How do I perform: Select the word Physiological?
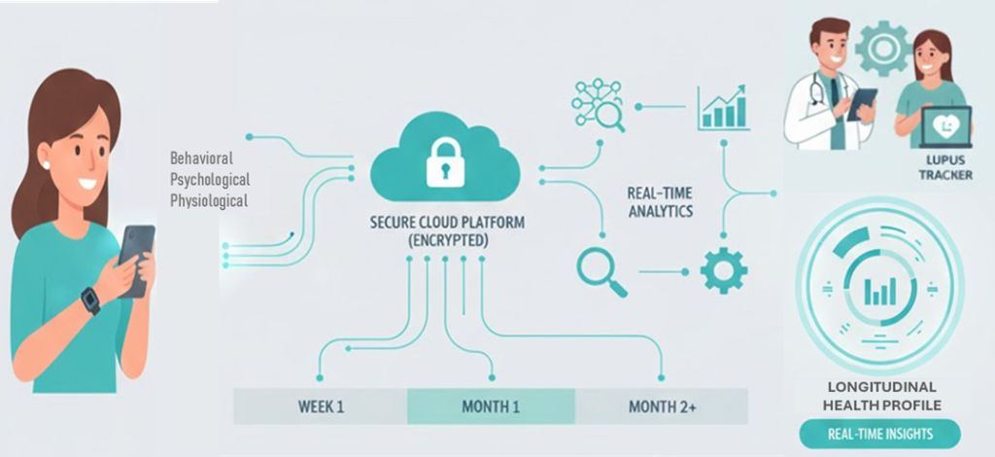(x=209, y=201)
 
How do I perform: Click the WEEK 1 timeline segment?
(x=320, y=405)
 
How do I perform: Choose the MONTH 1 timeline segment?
(x=491, y=405)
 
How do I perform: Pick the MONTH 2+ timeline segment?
(x=662, y=405)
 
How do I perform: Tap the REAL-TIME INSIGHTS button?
(x=879, y=434)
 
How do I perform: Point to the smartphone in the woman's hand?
(x=136, y=257)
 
